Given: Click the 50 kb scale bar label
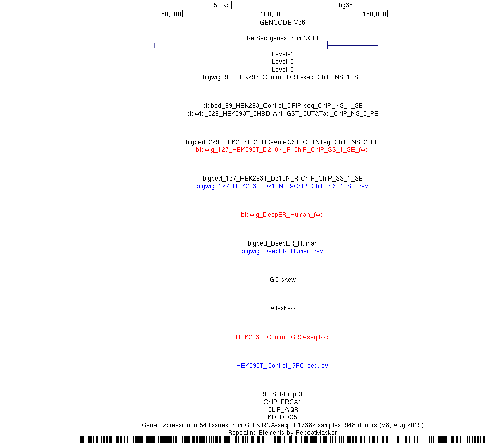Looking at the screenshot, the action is (x=222, y=5).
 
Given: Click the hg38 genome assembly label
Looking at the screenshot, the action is (x=346, y=5).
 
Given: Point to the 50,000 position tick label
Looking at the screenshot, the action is (x=171, y=14).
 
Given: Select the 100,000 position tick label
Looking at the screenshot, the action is (x=272, y=14).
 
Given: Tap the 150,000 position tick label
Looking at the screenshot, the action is (x=374, y=14).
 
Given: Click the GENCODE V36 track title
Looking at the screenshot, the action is (x=282, y=23).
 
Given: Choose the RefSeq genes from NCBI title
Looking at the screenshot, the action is (x=282, y=38).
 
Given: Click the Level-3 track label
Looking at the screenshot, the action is (x=282, y=62).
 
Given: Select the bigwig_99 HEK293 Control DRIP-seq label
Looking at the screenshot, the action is (x=282, y=77).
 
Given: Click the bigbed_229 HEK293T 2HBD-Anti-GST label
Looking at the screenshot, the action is (x=282, y=142).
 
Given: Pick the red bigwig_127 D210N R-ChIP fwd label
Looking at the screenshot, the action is (x=282, y=150).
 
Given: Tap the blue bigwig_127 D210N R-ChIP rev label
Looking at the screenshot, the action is (x=282, y=186).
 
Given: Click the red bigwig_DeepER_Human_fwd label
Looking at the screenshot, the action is (x=282, y=215).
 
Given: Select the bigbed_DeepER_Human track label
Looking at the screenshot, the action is (x=282, y=243).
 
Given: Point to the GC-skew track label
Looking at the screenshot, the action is (x=283, y=280).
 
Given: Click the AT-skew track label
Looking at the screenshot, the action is (x=283, y=308).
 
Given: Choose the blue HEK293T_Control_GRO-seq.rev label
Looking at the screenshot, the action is (x=282, y=366).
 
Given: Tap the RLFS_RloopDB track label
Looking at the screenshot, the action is (x=282, y=394).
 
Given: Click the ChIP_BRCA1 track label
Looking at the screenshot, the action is (x=282, y=402).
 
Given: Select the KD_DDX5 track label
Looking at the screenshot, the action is (x=282, y=417).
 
